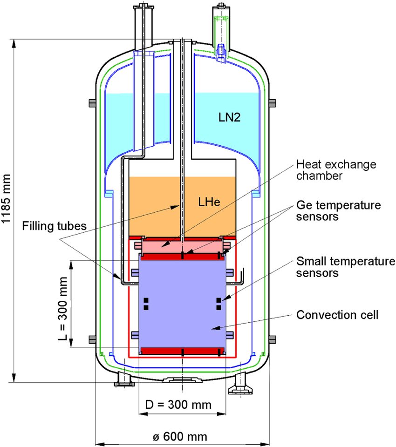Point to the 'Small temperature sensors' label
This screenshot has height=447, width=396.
click(x=345, y=267)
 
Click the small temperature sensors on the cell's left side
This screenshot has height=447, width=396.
click(x=146, y=304)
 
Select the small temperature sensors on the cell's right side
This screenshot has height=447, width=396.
click(x=218, y=304)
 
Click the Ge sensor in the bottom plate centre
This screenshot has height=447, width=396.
click(x=182, y=352)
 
